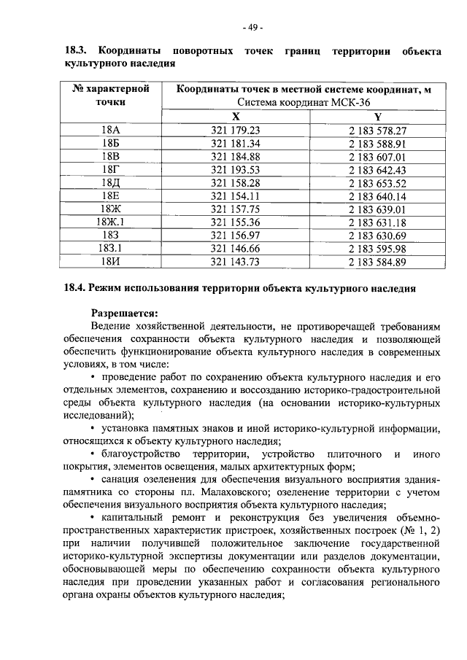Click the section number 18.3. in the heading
77,52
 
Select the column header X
235,117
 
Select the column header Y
377,117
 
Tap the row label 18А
111,131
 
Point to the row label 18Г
111,170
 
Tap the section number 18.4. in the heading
77,289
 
